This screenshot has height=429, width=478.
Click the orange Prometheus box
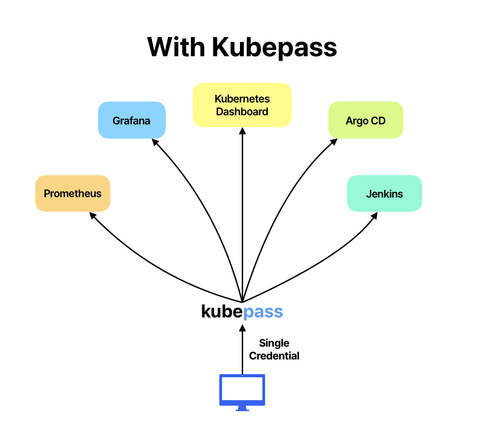[x=73, y=193]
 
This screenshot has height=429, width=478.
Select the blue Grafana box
[x=131, y=120]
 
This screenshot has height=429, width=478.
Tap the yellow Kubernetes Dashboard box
[x=242, y=105]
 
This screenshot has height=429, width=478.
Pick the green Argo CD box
[x=365, y=120]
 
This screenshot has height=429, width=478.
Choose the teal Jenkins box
[x=384, y=193]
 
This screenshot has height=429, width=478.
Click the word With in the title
[x=176, y=47]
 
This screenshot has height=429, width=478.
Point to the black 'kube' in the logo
[x=222, y=311]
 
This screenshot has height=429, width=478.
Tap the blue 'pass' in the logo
[x=263, y=312]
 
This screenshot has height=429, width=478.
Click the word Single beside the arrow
[x=274, y=343]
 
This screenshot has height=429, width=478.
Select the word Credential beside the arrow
[x=274, y=356]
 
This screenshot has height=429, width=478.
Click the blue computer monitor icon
[x=242, y=389]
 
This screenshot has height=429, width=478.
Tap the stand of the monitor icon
[x=242, y=408]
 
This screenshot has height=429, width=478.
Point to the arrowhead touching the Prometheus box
[x=92, y=215]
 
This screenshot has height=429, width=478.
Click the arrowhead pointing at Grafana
[x=155, y=142]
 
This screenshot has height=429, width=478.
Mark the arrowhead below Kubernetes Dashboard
[x=242, y=130]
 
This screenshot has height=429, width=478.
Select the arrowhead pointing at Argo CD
[x=334, y=142]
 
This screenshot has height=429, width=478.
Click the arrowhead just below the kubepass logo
[x=242, y=326]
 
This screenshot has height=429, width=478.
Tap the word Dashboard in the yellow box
[x=242, y=112]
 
